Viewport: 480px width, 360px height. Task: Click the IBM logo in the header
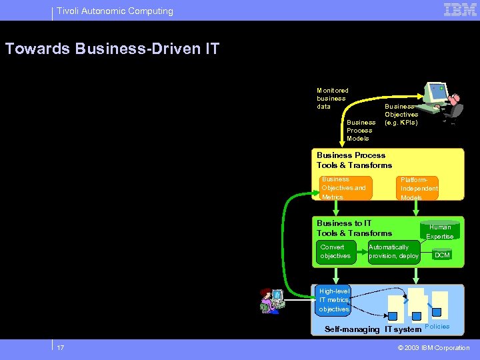point(460,10)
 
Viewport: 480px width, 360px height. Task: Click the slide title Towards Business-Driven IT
point(112,49)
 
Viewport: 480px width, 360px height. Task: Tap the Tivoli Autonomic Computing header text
point(115,11)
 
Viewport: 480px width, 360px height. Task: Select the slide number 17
point(61,348)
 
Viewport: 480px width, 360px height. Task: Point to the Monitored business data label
point(332,98)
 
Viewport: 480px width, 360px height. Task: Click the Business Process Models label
point(361,130)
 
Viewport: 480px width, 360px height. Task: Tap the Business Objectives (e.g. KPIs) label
point(401,115)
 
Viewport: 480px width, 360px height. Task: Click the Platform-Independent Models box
point(419,188)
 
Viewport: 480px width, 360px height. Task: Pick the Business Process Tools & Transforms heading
point(354,160)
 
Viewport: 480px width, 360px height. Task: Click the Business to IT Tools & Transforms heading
point(354,228)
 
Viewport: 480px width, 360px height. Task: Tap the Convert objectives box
point(336,252)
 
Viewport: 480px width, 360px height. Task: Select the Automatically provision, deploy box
point(393,252)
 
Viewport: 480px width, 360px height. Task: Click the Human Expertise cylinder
point(439,231)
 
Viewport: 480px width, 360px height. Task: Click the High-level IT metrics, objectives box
point(333,300)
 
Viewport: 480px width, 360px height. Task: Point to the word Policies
point(437,327)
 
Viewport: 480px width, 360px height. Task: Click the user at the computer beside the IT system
point(272,301)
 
